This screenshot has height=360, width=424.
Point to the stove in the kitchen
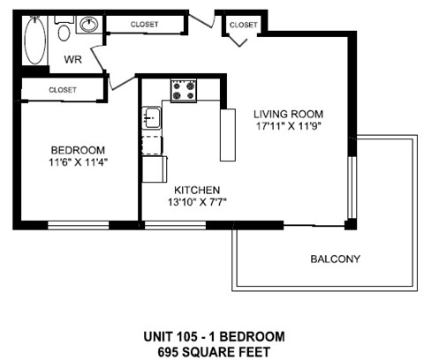pyautogui.click(x=182, y=89)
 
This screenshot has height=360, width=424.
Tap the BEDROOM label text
pyautogui.click(x=78, y=149)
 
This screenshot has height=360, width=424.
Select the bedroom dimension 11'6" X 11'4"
pyautogui.click(x=78, y=162)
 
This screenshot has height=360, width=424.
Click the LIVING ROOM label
pyautogui.click(x=289, y=114)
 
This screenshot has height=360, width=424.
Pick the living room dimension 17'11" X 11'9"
pyautogui.click(x=289, y=127)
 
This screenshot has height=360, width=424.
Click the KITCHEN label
pyautogui.click(x=196, y=190)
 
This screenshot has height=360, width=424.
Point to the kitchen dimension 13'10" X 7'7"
pyautogui.click(x=196, y=203)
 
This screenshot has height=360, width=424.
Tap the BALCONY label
pyautogui.click(x=335, y=259)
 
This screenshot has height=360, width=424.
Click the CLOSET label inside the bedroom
pyautogui.click(x=63, y=90)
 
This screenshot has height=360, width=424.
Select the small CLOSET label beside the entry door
pyautogui.click(x=243, y=26)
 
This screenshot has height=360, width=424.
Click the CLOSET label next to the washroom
pyautogui.click(x=144, y=25)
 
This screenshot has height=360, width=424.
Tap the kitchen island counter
pyautogui.click(x=229, y=134)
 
